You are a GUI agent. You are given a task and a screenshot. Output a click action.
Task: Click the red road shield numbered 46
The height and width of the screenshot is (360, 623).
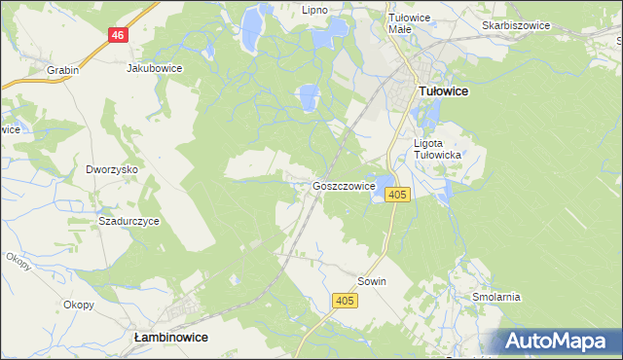[118, 35]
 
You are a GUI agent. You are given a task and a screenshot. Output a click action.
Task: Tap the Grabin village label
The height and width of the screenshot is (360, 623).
[62, 70]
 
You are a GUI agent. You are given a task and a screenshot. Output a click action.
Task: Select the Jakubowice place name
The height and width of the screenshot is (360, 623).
[155, 69]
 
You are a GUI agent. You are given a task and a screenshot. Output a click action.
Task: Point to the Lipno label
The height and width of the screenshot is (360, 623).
[314, 10]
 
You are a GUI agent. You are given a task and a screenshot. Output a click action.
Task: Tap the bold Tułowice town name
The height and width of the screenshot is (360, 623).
[443, 90]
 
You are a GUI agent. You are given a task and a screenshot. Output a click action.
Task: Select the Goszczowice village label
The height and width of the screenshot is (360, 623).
[345, 186]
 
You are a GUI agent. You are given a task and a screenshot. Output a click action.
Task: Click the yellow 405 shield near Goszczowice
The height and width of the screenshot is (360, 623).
[396, 196]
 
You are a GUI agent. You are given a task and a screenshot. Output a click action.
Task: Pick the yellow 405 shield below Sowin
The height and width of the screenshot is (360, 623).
[344, 303]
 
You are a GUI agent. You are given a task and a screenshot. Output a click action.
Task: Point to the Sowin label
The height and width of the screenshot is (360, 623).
[372, 281]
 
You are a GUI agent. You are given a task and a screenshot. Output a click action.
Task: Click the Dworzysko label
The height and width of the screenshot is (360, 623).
[112, 169]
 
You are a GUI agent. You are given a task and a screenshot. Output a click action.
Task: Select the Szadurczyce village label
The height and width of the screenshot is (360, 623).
[128, 221]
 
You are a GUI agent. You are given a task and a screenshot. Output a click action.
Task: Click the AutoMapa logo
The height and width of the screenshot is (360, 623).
[558, 342]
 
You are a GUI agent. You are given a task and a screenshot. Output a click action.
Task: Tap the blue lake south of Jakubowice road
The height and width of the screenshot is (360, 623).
[308, 97]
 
